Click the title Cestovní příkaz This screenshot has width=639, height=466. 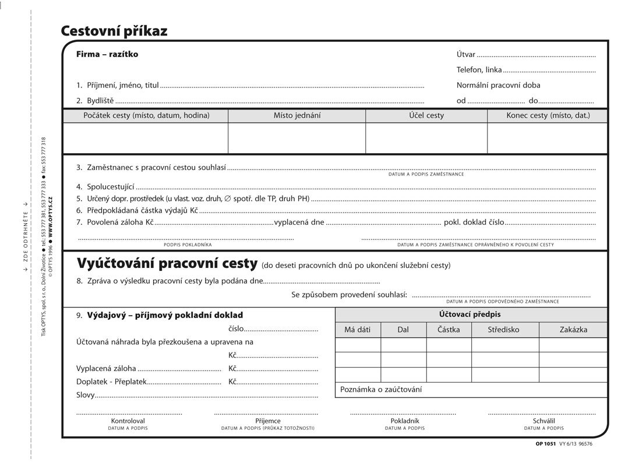114,31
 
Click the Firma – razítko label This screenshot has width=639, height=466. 107,54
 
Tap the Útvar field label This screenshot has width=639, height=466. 466,55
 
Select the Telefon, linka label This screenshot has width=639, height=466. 479,70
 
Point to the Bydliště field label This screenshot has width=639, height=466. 100,100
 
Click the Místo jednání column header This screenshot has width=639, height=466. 297,115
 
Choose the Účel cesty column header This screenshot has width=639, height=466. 426,115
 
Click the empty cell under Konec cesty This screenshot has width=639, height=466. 548,138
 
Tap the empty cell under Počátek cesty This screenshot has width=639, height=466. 145,138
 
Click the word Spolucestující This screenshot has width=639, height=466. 111,188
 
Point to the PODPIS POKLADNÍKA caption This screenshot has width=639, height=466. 188,245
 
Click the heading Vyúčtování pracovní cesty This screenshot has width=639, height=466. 167,264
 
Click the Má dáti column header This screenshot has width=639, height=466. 358,330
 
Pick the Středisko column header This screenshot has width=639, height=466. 504,330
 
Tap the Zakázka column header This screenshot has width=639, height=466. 573,330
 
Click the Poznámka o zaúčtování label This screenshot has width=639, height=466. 381,389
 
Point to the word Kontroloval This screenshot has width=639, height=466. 128,421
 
